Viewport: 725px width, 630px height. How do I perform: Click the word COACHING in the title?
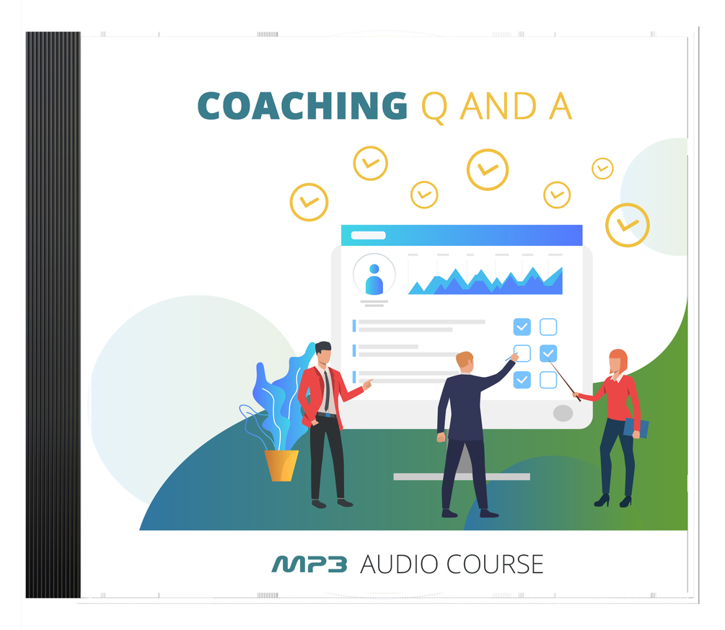[x=302, y=106]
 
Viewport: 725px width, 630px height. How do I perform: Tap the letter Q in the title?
[x=434, y=106]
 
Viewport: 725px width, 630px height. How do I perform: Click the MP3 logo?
[x=309, y=564]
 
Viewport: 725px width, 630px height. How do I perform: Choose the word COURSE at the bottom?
[x=496, y=564]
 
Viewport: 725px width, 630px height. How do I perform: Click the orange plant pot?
[x=281, y=465]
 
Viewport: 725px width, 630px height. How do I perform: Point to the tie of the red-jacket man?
[x=327, y=389]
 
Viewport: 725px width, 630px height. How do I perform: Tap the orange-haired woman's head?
[x=618, y=360]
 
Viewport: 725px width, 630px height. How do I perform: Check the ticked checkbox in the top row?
[x=522, y=327]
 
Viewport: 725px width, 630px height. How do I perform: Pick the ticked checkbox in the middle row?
[x=548, y=353]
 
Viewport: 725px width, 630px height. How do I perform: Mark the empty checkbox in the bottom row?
[x=548, y=379]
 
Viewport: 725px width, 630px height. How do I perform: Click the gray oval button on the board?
[x=563, y=413]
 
